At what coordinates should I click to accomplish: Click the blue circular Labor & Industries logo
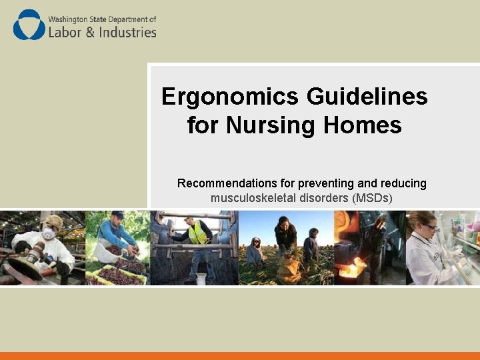click(29, 25)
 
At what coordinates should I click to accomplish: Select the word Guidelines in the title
click(367, 97)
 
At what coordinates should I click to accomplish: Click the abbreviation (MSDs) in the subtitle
click(372, 198)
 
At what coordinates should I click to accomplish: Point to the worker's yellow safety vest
click(197, 233)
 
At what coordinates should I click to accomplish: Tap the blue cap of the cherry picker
click(117, 214)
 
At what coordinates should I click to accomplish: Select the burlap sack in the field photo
click(289, 269)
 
